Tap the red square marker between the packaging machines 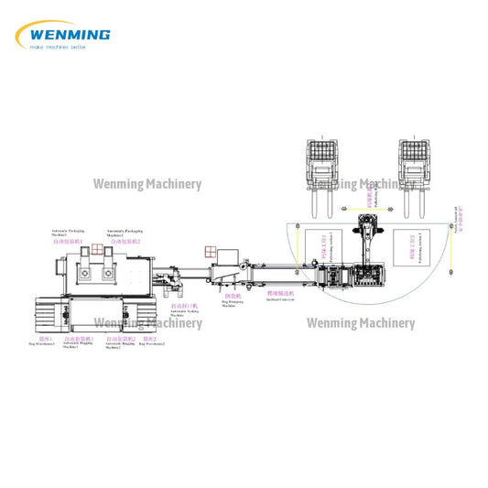click(x=99, y=249)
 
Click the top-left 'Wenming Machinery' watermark click(x=147, y=184)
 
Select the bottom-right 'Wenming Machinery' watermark click(x=360, y=323)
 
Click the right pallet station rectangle click(x=434, y=248)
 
